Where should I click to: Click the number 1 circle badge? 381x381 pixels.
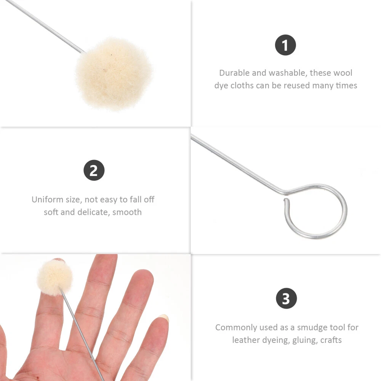point(285,45)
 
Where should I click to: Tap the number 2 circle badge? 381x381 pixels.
point(94,170)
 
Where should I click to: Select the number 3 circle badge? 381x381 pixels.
point(286,298)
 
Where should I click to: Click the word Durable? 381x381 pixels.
point(234,73)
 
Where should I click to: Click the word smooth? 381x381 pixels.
point(127,212)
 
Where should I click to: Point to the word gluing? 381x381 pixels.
point(305,340)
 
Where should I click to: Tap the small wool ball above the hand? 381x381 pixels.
point(55,277)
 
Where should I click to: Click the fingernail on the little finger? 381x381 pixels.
point(163,317)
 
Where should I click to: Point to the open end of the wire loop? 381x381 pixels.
point(286,200)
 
